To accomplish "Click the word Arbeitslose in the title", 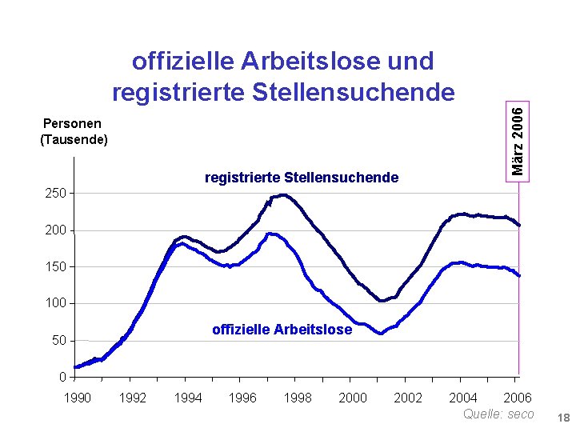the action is click(310, 61).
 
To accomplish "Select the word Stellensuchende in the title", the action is click(354, 92).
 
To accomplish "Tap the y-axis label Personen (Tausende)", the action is click(74, 131).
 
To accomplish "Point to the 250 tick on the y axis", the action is click(55, 194).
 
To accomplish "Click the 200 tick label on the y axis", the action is click(55, 230).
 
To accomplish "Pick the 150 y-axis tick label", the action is click(55, 266).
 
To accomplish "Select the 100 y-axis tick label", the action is click(55, 303).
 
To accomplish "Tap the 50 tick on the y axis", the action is click(58, 341).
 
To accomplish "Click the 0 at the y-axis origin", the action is click(62, 377).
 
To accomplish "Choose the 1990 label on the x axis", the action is click(78, 398).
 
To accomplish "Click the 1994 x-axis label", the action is click(188, 398).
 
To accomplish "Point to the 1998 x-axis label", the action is click(298, 398).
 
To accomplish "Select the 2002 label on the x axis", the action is click(408, 398).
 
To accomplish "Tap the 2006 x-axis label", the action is click(518, 398).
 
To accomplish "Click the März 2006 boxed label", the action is click(518, 142).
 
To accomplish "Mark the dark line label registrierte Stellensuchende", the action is click(302, 178).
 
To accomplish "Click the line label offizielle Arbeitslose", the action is click(282, 330).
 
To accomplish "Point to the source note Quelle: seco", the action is click(498, 414).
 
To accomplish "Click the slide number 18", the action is click(563, 418).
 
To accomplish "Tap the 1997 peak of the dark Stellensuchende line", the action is click(283, 195).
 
